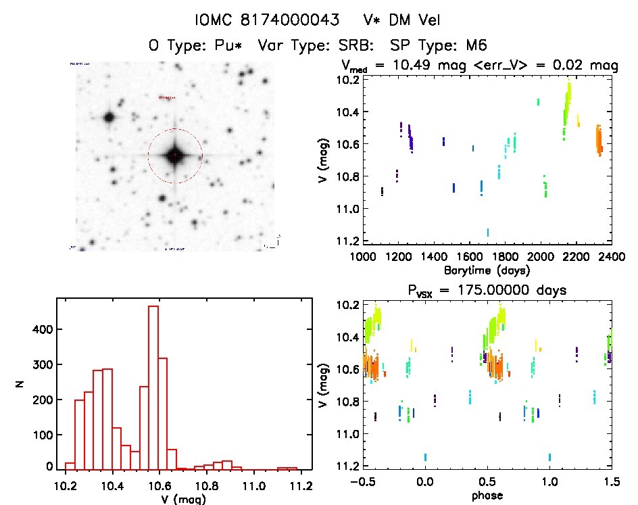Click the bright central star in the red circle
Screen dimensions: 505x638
tap(174, 155)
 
